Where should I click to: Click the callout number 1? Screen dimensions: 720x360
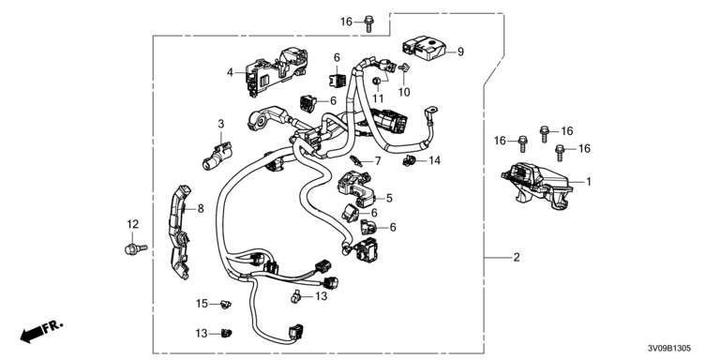click(588, 182)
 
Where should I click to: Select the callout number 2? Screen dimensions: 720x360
click(517, 258)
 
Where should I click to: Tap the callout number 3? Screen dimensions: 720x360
click(221, 124)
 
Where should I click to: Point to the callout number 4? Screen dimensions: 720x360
click(230, 71)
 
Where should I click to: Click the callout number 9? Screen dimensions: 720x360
click(460, 52)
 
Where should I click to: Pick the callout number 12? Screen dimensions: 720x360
click(133, 224)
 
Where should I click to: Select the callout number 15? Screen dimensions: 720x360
click(202, 304)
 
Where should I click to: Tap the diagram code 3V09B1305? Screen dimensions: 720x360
click(669, 349)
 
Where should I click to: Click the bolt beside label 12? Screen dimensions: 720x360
click(135, 249)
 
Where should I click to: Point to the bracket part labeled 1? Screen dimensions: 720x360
click(536, 186)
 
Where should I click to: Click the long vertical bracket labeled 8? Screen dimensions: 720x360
click(180, 232)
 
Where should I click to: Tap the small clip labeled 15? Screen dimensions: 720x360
click(225, 304)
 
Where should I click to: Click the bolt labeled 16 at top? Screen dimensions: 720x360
click(368, 23)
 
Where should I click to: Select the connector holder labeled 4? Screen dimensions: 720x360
click(277, 71)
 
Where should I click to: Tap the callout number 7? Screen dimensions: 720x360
click(378, 161)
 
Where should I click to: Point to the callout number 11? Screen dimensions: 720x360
click(378, 98)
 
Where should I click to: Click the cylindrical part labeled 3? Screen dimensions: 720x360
click(217, 156)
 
